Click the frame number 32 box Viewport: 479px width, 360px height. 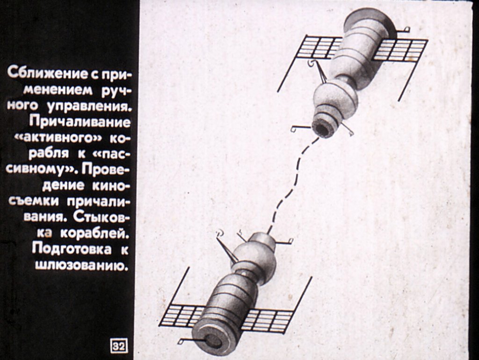119,346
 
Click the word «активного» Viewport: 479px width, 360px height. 58,138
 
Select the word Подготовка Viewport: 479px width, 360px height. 72,249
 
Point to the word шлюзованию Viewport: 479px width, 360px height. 81,265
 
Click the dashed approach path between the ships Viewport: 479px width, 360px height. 290,186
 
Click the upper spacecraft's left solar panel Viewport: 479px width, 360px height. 319,47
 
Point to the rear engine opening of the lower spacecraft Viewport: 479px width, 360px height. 213,340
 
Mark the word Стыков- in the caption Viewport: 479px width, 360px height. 102,217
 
